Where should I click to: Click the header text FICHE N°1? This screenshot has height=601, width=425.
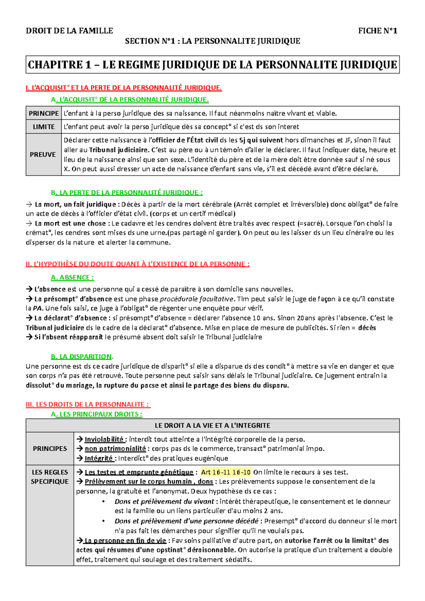378,31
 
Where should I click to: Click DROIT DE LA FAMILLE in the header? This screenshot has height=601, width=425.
69,31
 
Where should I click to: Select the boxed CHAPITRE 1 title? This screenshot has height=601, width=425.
212,65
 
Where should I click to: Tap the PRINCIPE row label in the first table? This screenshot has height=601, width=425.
44,113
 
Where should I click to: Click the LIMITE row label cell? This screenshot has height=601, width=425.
44,127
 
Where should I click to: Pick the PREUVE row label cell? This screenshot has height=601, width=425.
43,155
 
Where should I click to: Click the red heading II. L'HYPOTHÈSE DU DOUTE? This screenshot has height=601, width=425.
137,264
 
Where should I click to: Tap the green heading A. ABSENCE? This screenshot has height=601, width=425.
72,277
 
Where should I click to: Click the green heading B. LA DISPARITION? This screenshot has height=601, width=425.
82,356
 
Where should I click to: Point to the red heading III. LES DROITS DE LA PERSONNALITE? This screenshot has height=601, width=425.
88,404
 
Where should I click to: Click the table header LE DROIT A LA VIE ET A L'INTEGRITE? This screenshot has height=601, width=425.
212,425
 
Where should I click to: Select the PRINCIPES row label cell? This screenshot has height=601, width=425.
50,448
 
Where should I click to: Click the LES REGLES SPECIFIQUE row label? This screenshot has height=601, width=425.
50,477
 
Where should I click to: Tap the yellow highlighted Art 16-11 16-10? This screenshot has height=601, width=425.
226,472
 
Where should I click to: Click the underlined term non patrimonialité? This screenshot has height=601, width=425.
115,449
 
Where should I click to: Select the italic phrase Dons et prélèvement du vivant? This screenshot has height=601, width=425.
164,502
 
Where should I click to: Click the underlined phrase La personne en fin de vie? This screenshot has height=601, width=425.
125,540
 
